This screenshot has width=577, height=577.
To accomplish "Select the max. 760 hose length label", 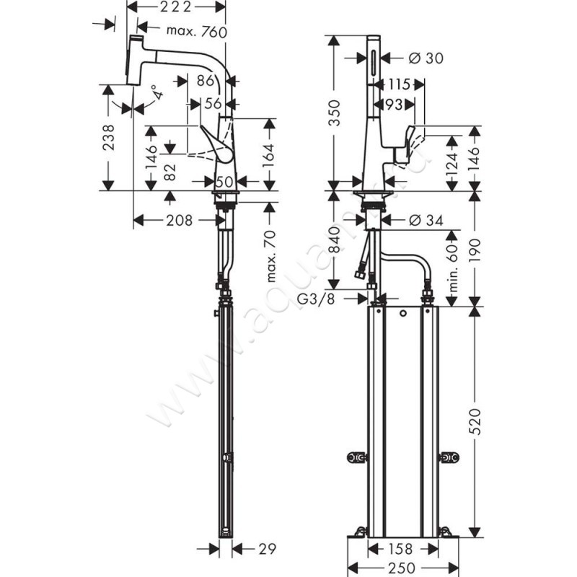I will coord(196,31).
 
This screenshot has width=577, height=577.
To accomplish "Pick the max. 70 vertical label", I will coord(270,257).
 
